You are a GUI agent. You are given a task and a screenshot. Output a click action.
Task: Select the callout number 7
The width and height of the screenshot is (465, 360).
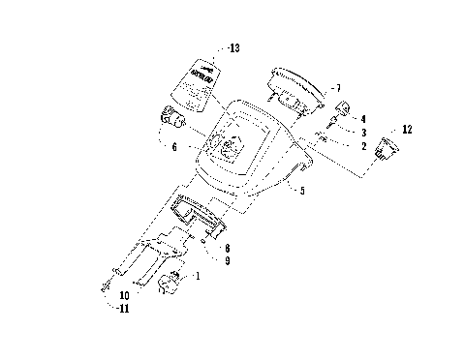(x=336, y=88)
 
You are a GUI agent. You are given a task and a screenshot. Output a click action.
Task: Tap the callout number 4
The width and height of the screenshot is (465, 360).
(x=362, y=119)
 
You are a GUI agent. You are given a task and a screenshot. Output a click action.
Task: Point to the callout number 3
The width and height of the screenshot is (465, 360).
(x=362, y=132)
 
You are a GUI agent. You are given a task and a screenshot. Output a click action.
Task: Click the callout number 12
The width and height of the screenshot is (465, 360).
(x=406, y=129)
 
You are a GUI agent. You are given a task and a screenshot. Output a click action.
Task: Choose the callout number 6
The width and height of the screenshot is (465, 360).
(x=173, y=147)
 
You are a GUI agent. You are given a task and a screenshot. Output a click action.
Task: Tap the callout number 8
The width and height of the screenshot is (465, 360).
(x=226, y=248)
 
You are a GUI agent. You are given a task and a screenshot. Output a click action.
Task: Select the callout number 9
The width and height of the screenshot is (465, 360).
(x=226, y=260)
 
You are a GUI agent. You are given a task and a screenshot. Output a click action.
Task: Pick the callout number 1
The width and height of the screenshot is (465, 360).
(x=199, y=276)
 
